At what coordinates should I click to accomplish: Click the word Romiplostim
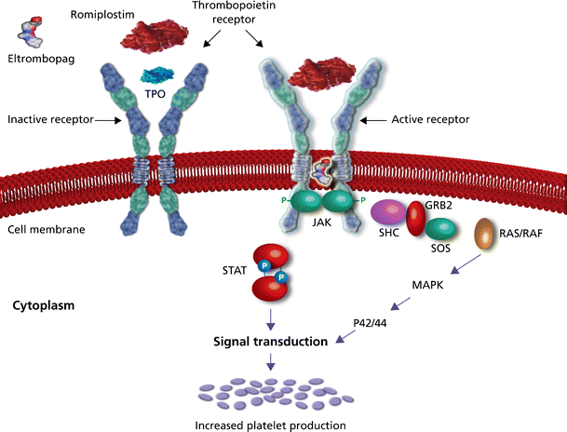click(x=101, y=15)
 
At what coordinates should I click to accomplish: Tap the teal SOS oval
click(x=442, y=231)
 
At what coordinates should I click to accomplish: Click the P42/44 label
click(x=370, y=323)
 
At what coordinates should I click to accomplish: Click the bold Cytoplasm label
click(x=45, y=304)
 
